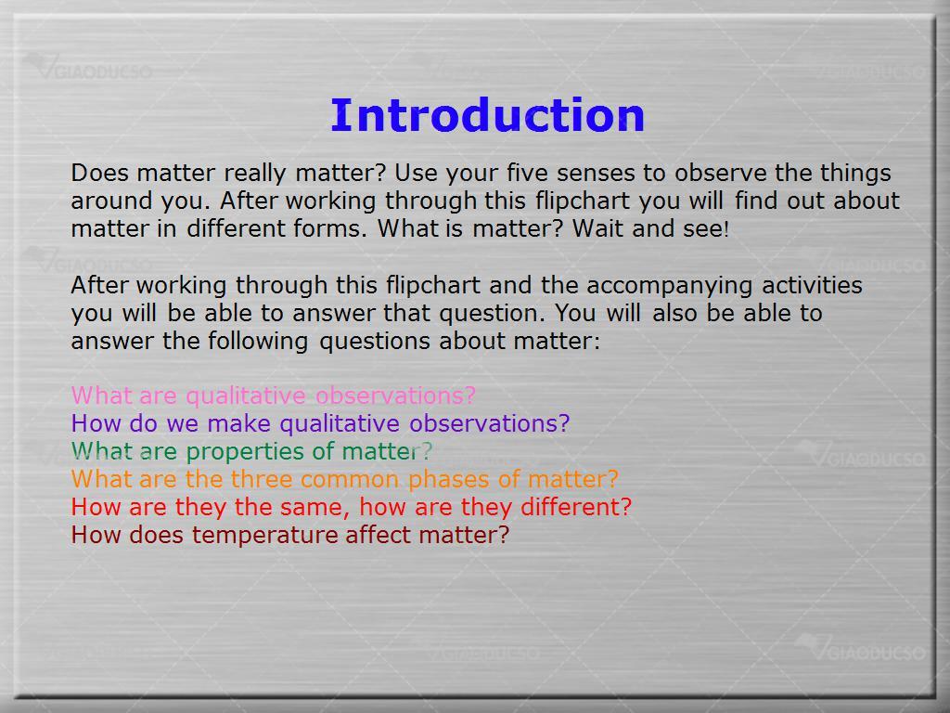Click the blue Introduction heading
click(487, 114)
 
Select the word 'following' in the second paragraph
click(258, 341)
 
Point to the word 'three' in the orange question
click(261, 479)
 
